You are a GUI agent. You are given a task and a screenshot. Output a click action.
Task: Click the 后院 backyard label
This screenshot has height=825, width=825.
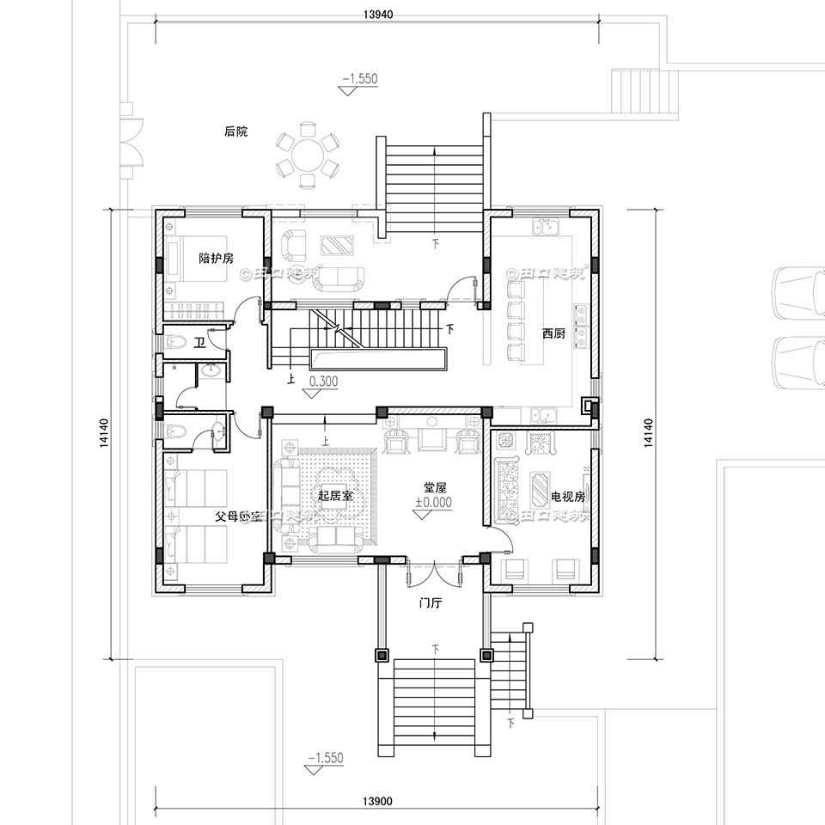pos(235,132)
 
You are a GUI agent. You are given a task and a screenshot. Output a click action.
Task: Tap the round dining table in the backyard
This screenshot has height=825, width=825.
pos(308,156)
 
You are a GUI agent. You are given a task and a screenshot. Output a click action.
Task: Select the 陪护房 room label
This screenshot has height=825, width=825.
pos(216,257)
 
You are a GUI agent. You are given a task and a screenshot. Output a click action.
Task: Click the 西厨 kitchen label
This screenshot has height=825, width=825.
pos(553,333)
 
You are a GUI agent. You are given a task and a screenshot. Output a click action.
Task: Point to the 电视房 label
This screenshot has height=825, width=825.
pos(568,497)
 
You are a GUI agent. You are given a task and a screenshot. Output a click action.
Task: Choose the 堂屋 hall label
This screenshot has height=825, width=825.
pos(434,487)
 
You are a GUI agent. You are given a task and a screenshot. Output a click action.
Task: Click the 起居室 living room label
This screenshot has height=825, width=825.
pos(336,496)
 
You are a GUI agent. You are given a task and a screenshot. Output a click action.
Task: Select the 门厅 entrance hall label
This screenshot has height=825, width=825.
pos(430,603)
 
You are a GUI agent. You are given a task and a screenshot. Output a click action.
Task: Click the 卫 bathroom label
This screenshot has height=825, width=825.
pos(199,343)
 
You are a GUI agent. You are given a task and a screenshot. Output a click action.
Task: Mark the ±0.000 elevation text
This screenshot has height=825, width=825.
pos(433,504)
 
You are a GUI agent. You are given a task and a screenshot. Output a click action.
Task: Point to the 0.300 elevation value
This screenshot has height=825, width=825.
pos(323,381)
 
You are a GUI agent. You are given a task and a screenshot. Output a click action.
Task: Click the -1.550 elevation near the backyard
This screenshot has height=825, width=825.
pos(359,79)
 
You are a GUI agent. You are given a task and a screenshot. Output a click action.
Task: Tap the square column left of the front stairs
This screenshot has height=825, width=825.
pos(382,655)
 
